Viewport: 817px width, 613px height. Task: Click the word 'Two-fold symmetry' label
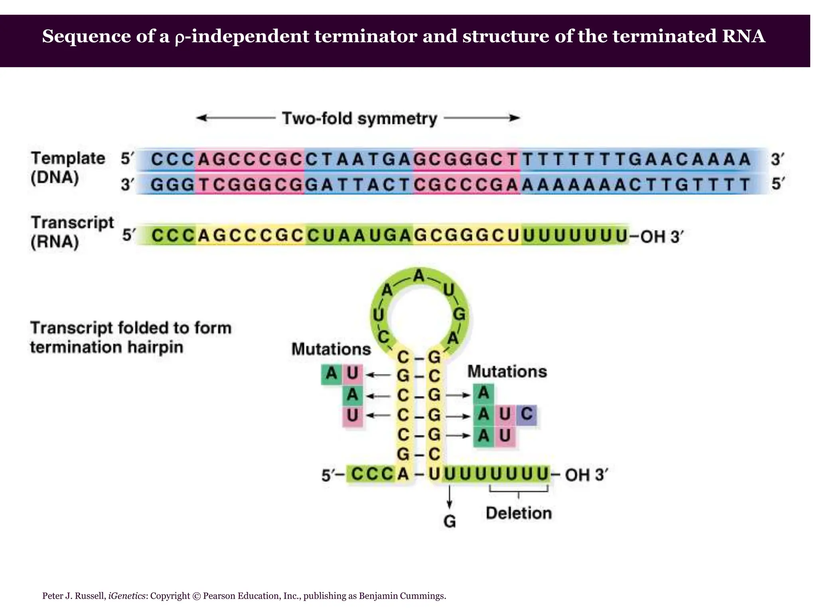(359, 119)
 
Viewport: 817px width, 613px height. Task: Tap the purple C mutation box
(526, 415)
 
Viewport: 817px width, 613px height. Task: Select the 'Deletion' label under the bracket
(519, 513)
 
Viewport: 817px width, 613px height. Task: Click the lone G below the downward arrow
(450, 522)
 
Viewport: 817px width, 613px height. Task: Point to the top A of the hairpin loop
(418, 276)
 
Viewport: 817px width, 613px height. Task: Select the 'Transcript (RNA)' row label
(72, 232)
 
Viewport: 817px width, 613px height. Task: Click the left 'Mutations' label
(331, 349)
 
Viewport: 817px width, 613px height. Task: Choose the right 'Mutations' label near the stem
(507, 372)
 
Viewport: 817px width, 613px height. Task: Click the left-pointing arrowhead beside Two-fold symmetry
(202, 118)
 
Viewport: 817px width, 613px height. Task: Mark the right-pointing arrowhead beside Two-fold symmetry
(515, 118)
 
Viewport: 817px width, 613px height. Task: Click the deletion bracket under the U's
(519, 490)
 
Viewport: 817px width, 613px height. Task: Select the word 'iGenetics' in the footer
(126, 596)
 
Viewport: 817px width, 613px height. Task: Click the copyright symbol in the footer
(196, 596)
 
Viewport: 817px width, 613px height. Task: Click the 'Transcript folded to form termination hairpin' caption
(131, 338)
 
